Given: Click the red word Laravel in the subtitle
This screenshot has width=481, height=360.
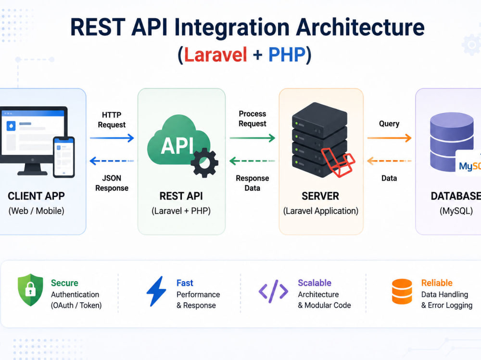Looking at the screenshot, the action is coord(215,55).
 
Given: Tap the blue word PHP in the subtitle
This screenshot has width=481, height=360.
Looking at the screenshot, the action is coord(287,55).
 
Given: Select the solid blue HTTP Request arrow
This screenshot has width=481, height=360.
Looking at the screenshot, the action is coord(112,138).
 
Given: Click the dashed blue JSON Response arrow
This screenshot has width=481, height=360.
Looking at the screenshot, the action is coord(112,161).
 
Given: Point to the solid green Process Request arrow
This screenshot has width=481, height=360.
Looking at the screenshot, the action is coord(252,138).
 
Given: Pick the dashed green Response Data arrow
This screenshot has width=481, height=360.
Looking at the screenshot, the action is coord(252,161).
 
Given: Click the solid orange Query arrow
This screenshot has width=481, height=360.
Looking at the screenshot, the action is coord(389,138).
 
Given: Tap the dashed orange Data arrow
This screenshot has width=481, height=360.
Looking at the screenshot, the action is coord(389,161).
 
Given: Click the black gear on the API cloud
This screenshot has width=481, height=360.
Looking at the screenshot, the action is coord(204,163).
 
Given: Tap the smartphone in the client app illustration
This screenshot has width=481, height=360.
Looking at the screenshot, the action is coord(64,157).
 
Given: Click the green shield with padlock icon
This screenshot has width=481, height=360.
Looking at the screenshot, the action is coord(30,290).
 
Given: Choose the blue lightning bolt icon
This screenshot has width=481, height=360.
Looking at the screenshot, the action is coord(156,291).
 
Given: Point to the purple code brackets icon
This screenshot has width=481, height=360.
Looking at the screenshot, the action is coord(273,291).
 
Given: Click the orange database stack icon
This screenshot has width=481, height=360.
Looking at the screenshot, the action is coord(402,291).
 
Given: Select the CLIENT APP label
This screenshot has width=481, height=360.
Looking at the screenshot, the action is coord(36,196).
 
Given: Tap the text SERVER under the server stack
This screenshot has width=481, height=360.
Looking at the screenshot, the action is coord(320,196).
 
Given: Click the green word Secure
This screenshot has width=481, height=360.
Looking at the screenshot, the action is coord(64,283).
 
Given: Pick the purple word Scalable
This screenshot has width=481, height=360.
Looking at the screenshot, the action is coord(315,283).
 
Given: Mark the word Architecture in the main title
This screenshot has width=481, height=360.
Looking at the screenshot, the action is coord(360,27).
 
